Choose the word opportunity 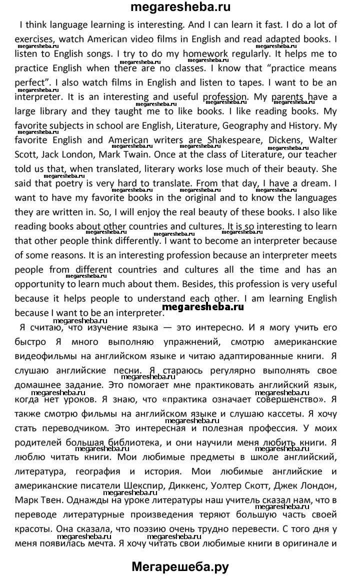[x=40, y=284]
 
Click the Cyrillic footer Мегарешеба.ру [x=180, y=567]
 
